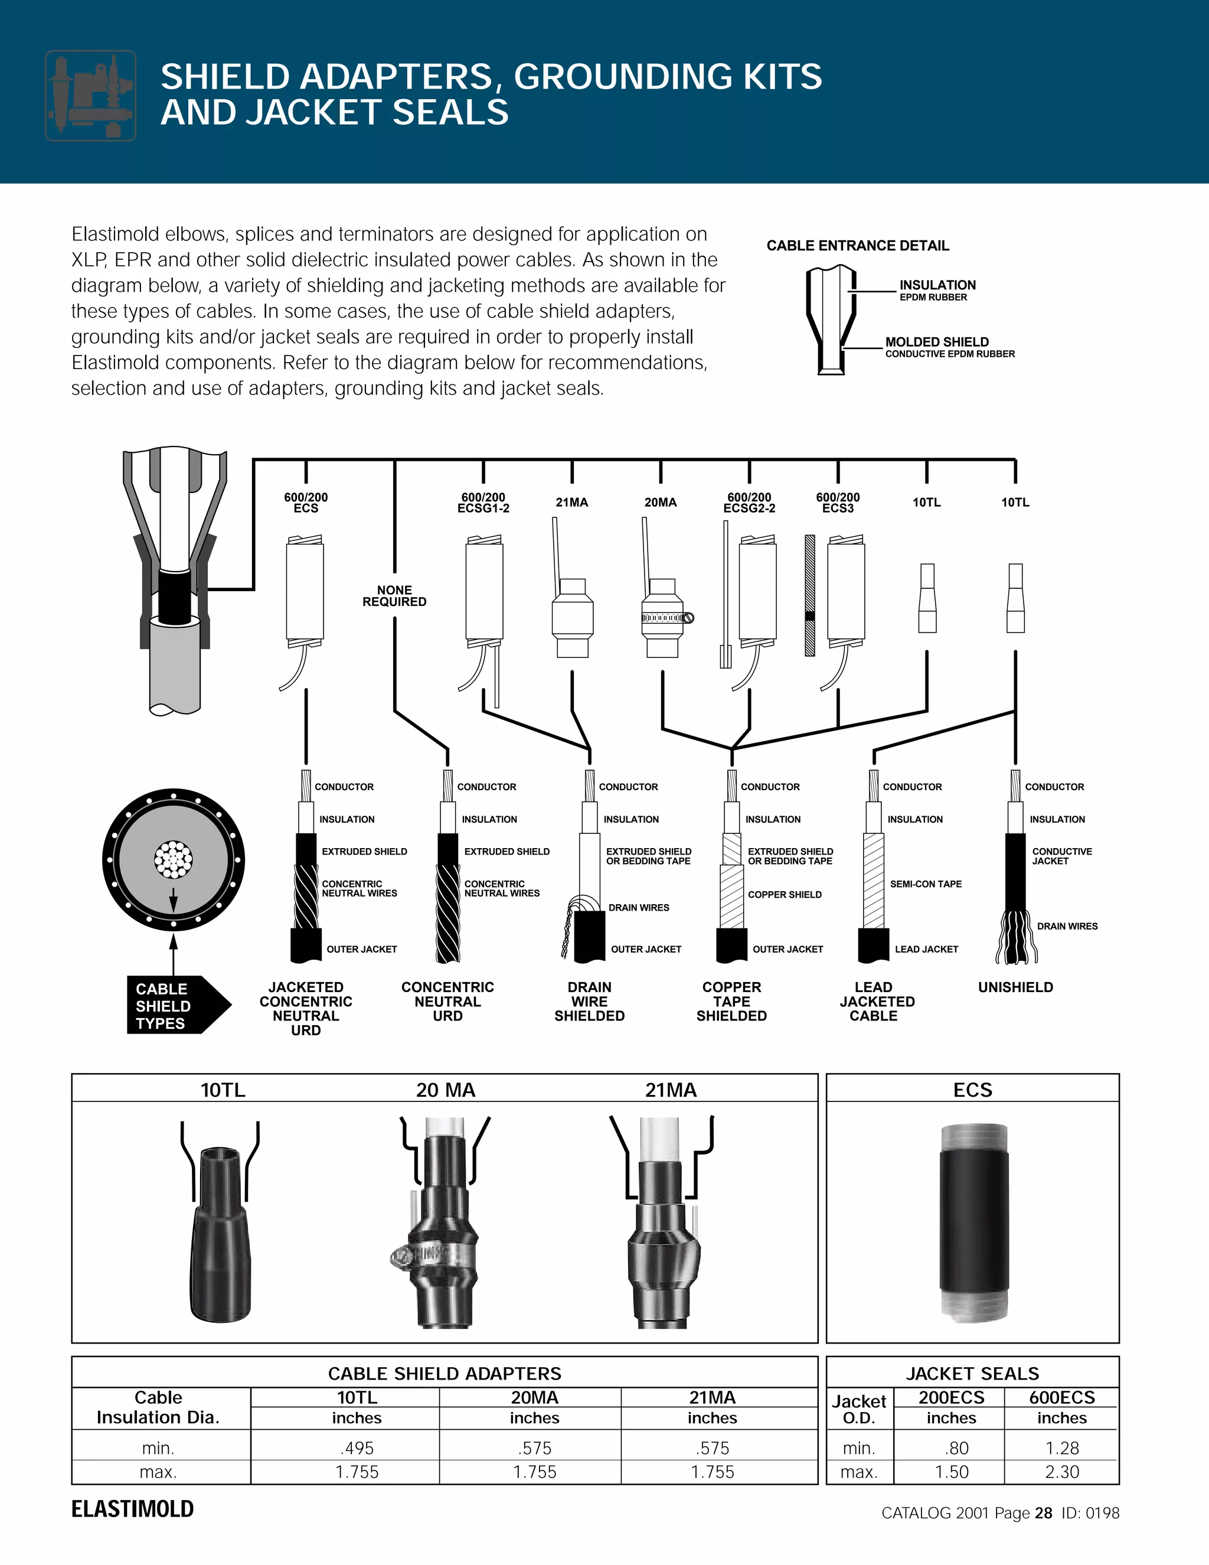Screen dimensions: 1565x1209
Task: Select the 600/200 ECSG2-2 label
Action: click(749, 503)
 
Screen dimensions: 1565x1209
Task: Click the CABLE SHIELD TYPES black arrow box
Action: click(172, 1005)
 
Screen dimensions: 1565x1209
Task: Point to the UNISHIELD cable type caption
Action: click(1015, 987)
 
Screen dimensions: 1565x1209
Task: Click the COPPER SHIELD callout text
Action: click(785, 894)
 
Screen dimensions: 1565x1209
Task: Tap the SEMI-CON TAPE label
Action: click(926, 884)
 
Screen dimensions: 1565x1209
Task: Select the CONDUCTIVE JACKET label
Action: click(1061, 856)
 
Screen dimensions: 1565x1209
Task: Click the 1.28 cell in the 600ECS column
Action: click(1061, 1448)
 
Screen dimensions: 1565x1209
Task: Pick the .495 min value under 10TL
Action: click(357, 1448)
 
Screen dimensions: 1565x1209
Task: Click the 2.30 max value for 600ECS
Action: click(1061, 1472)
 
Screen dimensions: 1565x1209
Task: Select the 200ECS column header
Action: click(951, 1397)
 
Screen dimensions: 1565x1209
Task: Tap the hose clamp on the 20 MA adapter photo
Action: click(430, 1254)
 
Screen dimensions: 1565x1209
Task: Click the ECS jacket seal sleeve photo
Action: click(973, 1222)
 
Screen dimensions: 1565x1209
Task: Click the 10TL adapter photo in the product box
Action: click(220, 1233)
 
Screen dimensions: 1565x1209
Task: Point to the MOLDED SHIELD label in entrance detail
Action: click(937, 342)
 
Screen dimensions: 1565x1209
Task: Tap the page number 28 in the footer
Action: click(1044, 1512)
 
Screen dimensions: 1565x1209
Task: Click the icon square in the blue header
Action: click(91, 95)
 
